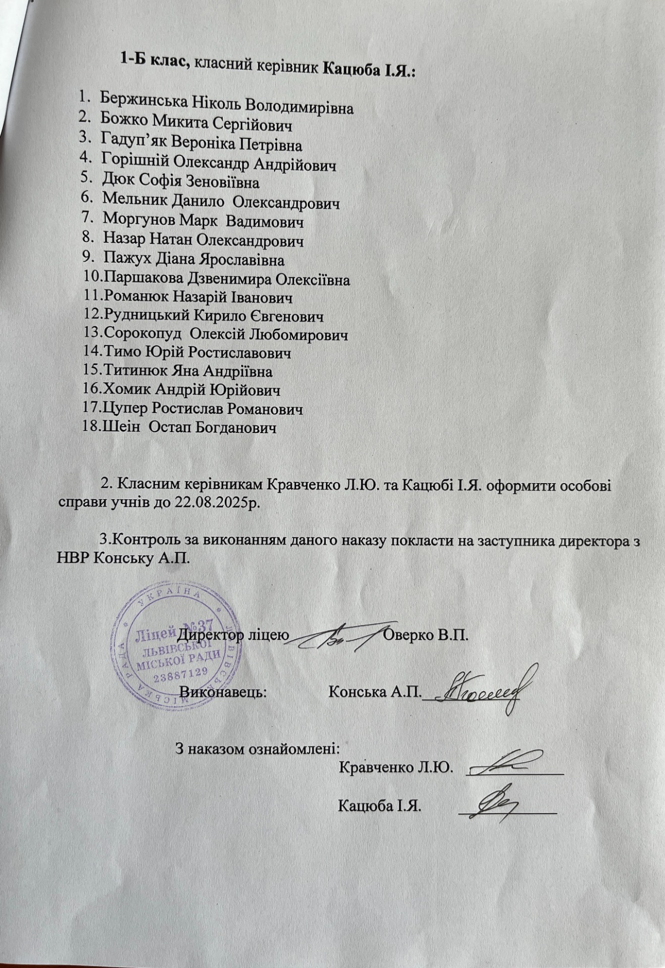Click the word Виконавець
[223, 691]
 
